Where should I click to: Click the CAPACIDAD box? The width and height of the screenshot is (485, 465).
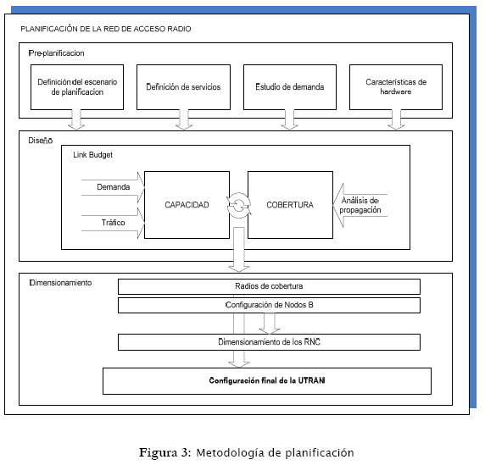click(187, 205)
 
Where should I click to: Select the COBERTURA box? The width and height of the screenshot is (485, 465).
click(290, 205)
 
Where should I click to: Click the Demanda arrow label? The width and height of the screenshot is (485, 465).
click(114, 187)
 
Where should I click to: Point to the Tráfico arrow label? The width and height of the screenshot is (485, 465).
click(114, 223)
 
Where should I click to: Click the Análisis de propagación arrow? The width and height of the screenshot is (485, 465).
click(360, 205)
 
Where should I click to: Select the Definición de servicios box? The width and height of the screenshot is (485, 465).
click(183, 87)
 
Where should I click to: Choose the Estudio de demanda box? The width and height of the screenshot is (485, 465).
click(290, 87)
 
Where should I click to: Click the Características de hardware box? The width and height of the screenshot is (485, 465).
click(396, 87)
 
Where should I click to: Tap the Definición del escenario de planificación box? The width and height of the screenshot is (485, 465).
click(77, 87)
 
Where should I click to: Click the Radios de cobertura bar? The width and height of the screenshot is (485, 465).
click(269, 286)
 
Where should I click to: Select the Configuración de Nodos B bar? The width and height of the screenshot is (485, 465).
click(269, 305)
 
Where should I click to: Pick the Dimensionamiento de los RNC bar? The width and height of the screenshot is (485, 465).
click(269, 342)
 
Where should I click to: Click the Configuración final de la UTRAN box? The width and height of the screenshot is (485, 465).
click(267, 381)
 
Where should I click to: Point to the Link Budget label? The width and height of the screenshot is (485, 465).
click(92, 155)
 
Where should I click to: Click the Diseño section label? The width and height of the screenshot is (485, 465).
click(41, 141)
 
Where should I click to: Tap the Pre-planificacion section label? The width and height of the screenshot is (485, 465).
click(56, 53)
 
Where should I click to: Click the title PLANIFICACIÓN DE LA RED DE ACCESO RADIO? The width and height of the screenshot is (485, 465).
click(106, 29)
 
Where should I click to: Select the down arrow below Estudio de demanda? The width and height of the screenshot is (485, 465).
click(289, 119)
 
